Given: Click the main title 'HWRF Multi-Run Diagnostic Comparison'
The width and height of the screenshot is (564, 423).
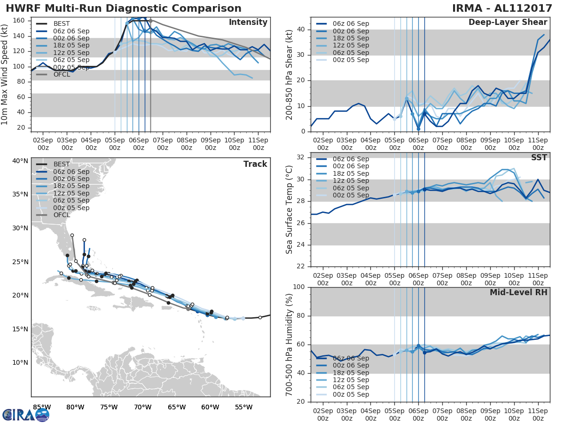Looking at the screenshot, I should coord(124,8).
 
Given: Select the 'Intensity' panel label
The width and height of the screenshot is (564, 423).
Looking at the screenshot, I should coord(248,23).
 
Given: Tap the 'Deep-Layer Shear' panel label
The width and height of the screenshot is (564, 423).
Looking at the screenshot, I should coord(508,23).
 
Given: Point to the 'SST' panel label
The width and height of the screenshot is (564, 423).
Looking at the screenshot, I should coord(539,157).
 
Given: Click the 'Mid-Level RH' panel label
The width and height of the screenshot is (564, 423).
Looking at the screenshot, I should coord(518,292).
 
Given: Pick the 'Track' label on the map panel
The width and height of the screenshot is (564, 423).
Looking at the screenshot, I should coord(255,164).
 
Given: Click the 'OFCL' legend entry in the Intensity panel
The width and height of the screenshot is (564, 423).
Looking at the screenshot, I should coord(62,74).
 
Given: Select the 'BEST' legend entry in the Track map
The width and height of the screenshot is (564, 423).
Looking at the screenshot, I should coord(62,164).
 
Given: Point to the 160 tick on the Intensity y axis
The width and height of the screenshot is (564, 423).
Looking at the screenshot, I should coord(19,21).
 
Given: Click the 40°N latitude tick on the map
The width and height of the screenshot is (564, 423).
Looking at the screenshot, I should coord(20,161).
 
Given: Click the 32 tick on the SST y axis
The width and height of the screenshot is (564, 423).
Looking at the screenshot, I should coord(301,157).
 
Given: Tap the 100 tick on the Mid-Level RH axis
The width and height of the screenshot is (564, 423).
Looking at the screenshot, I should coord(299,287).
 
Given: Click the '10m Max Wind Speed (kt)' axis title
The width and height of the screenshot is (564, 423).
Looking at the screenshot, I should coord(5,74).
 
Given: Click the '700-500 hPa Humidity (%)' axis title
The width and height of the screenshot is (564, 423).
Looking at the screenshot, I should coord(290,344).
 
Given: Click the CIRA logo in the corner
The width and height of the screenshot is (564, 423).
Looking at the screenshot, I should coord(26,415).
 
